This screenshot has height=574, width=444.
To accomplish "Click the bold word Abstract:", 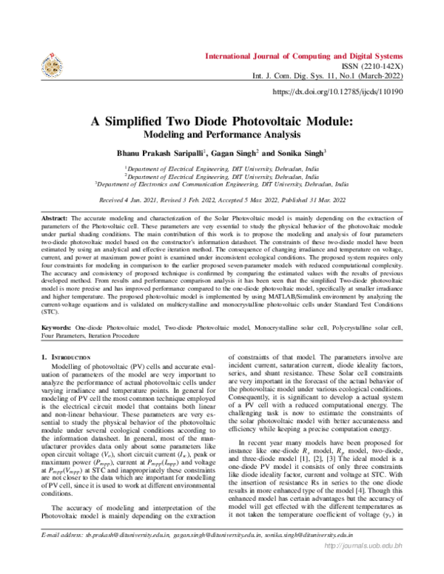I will pyautogui.click(x=56, y=220).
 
